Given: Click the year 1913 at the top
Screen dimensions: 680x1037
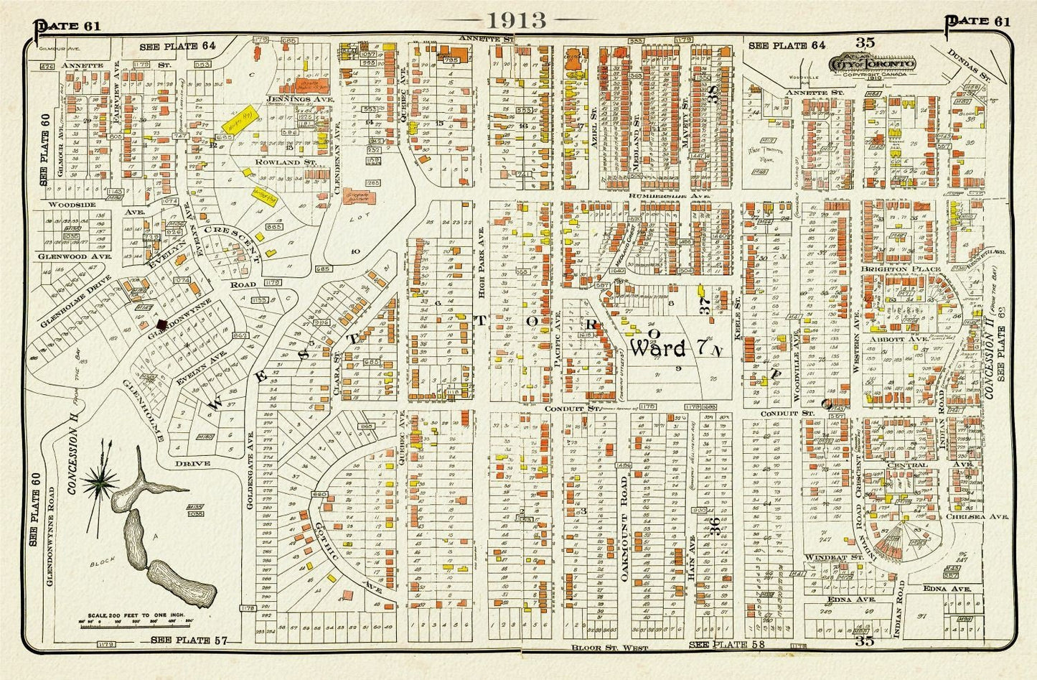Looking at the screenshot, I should tap(517, 19).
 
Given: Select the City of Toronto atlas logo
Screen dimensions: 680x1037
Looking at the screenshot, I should tap(871, 65).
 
